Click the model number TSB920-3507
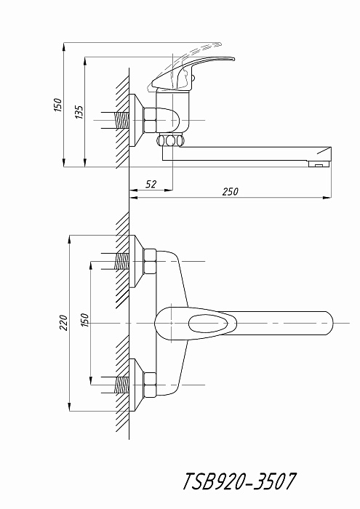point(239,481)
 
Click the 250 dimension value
point(230,191)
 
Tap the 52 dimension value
point(151,185)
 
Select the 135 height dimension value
point(79,112)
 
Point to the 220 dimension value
point(63,323)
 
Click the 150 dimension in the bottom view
point(84,320)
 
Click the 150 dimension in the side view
point(57,105)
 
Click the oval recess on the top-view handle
point(212,324)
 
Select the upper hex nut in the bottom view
point(150,262)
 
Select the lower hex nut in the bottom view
point(150,385)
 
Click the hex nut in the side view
point(150,120)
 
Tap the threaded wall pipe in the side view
point(122,121)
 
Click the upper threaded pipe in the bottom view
point(122,261)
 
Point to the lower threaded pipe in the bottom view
point(122,385)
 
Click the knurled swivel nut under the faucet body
point(170,140)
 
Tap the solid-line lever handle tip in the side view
point(233,59)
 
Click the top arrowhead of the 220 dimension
point(69,239)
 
